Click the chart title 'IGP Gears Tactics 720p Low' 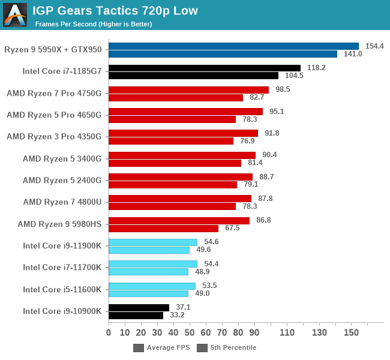pos(115,10)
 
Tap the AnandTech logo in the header pos(15,15)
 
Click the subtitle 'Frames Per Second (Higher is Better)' pos(93,24)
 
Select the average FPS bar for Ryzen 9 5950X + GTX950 pos(233,46)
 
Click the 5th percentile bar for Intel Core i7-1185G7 pos(193,76)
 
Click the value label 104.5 pos(294,76)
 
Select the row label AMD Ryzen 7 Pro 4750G pos(54,93)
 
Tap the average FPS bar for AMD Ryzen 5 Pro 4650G pos(185,112)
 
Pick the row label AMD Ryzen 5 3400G pos(62,158)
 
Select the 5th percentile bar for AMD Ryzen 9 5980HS pos(163,228)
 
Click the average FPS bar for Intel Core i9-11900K pos(153,242)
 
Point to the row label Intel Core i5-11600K pos(62,289)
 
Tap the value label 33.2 pos(177,315)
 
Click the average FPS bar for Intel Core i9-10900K pos(139,307)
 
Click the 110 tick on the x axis pos(287,332)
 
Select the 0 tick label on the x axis pos(109,332)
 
